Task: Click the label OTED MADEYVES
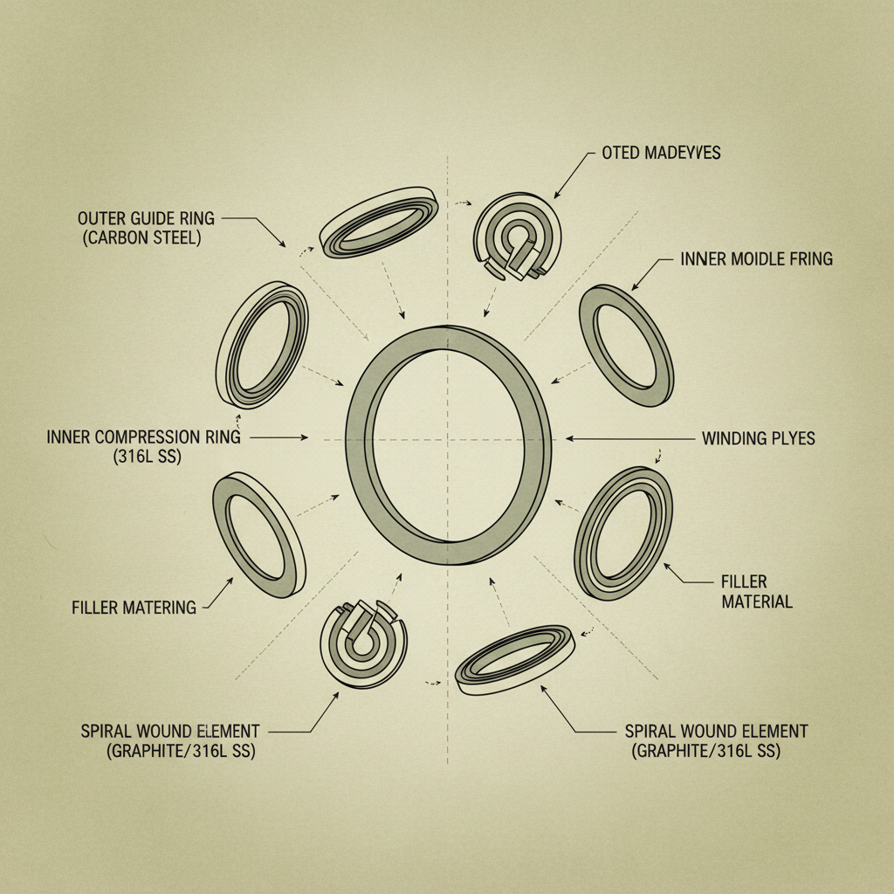[661, 153]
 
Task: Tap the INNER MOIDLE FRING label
[756, 258]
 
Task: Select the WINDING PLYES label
[758, 438]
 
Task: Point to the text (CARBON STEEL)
[142, 237]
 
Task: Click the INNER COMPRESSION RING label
[143, 437]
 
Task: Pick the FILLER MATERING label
[134, 607]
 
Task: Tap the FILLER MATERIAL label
[756, 591]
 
